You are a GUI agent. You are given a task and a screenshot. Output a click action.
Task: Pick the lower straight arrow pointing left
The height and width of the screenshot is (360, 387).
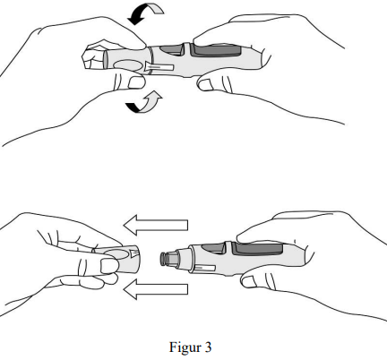pyautogui.click(x=156, y=289)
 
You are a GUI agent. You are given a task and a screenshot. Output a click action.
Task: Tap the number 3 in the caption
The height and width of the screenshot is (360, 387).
pyautogui.click(x=208, y=347)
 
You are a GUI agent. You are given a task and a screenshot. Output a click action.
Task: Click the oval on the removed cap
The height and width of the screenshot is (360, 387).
pyautogui.click(x=116, y=253)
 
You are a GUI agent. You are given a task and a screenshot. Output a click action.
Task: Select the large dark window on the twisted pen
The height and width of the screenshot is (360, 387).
pyautogui.click(x=216, y=50)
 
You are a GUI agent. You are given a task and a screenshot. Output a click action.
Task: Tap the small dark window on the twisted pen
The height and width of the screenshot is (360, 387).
pyautogui.click(x=171, y=49)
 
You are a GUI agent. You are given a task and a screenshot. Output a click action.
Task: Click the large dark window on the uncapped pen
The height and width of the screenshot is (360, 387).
pyautogui.click(x=257, y=249)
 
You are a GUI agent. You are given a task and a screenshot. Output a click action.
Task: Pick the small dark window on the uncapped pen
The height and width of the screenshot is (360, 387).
pyautogui.click(x=212, y=248)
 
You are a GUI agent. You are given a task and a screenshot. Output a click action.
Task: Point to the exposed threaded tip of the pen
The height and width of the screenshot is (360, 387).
pyautogui.click(x=170, y=259)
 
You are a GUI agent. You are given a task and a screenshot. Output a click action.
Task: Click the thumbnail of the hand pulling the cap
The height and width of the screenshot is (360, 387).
pyautogui.click(x=108, y=266)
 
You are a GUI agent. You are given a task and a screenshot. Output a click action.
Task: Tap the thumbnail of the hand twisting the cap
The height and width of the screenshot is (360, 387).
pyautogui.click(x=136, y=82)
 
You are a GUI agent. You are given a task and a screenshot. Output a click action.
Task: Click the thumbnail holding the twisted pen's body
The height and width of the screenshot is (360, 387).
pyautogui.click(x=205, y=85)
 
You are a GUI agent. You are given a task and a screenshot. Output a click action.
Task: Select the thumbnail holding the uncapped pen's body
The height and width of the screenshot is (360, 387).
pyautogui.click(x=248, y=281)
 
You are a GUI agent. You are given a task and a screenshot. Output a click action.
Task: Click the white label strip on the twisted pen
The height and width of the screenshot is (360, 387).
pyautogui.click(x=160, y=68)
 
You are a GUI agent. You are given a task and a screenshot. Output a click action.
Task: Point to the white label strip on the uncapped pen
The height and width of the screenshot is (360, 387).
pyautogui.click(x=203, y=268)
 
